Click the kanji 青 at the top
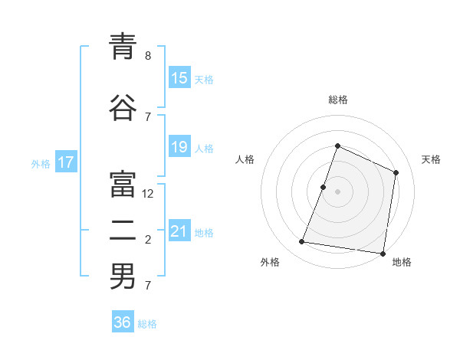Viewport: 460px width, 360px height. point(123,47)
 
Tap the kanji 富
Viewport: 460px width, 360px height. point(123,185)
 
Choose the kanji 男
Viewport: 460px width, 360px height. point(123,277)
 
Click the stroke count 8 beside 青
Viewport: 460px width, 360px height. point(148,55)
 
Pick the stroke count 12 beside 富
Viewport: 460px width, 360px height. point(149,194)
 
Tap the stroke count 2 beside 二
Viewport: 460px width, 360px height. point(148,240)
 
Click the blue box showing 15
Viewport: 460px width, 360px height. point(179,77)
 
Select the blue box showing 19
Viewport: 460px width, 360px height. point(179,147)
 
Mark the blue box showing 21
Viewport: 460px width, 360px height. point(179,231)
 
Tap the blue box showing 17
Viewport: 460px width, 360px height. point(65,162)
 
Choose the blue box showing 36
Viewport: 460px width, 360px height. point(123,322)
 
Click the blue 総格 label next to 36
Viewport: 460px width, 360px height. point(147,324)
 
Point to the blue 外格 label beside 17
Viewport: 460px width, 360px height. point(41,163)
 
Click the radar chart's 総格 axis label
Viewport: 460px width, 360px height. point(337,100)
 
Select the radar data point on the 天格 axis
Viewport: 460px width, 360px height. point(396,172)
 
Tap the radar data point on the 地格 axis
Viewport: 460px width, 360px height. point(382,253)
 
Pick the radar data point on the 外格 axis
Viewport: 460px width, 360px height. point(302,242)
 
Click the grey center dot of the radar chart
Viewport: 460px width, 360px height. point(337,191)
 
